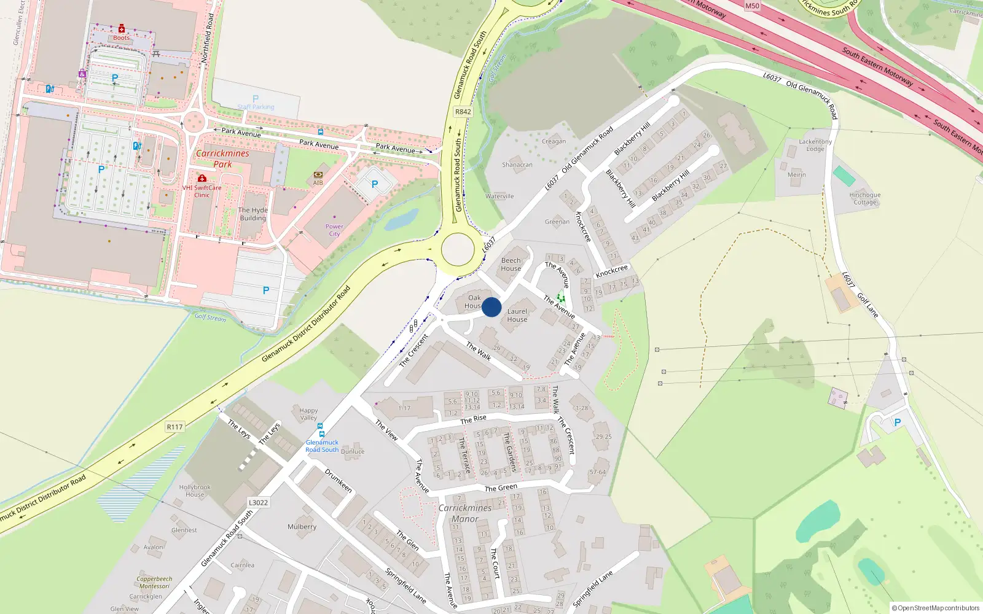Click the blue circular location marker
click(491, 307)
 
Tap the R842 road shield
click(463, 112)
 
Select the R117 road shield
click(174, 427)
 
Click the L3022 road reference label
click(258, 502)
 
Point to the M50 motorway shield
click(752, 6)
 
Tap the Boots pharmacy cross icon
click(122, 29)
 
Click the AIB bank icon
click(318, 174)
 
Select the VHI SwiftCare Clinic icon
click(202, 179)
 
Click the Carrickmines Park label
click(222, 158)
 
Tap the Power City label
click(334, 230)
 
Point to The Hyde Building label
click(253, 214)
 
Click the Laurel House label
click(517, 315)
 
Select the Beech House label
click(511, 264)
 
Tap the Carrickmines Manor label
click(465, 513)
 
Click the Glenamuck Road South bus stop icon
click(320, 426)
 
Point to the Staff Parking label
click(256, 107)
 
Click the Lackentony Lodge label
click(815, 145)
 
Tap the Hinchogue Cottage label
click(865, 198)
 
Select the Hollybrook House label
click(195, 491)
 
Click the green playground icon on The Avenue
click(560, 298)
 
